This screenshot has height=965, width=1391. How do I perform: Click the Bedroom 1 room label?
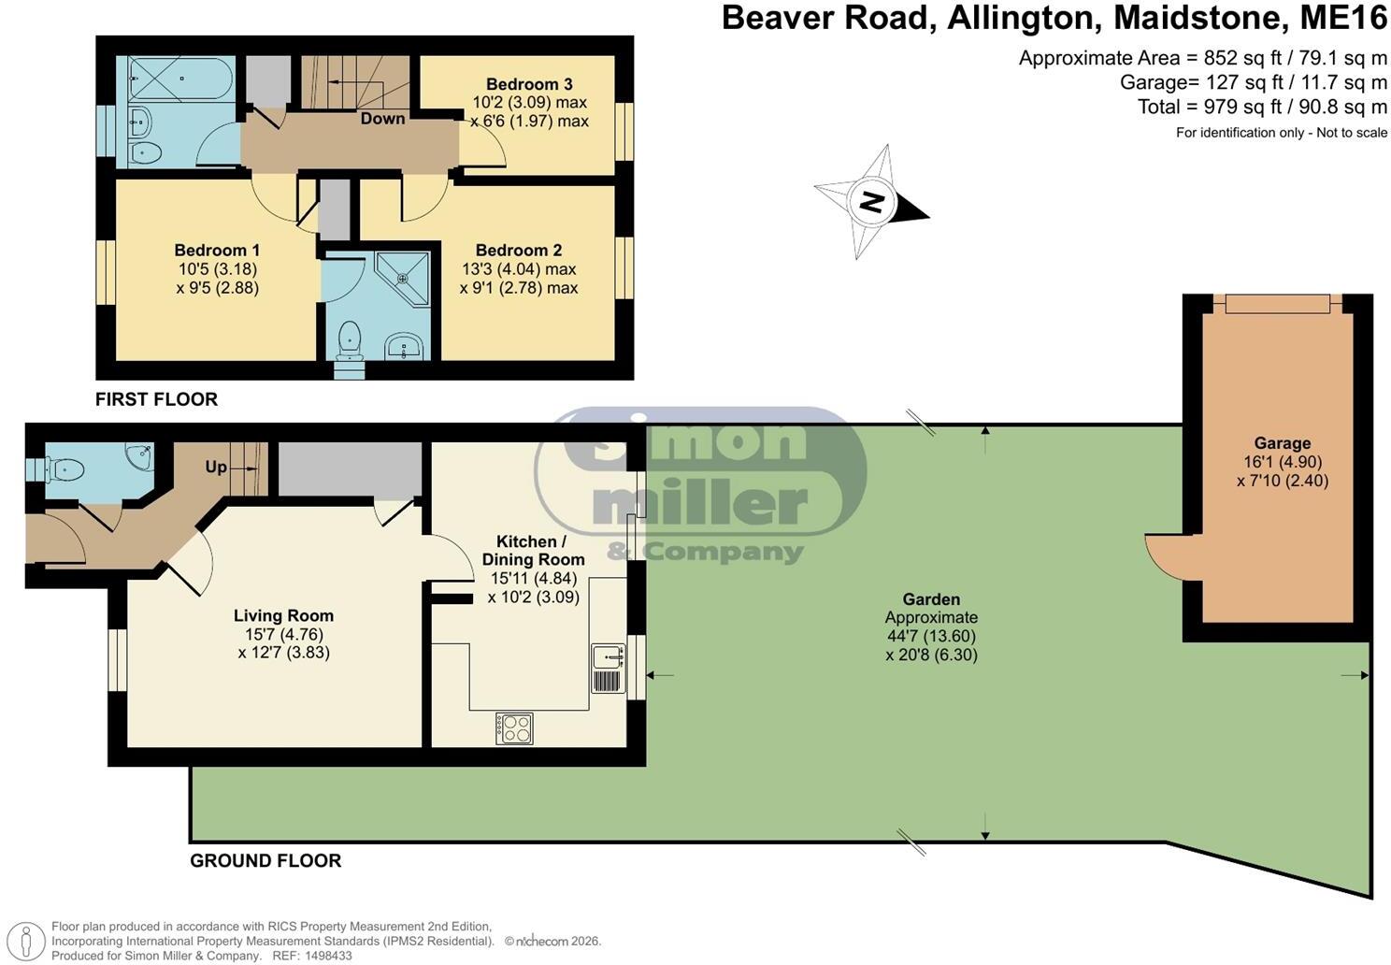coord(217,251)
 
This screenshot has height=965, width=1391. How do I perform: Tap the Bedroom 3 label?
coord(529,84)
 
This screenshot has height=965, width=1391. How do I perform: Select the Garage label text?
coord(1283,443)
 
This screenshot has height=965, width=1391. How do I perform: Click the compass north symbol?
coord(872,201)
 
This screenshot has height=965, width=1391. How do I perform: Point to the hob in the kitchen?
coord(514,727)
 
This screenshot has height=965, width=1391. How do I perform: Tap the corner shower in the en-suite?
coord(404,279)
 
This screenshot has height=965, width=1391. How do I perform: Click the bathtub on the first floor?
coord(180,78)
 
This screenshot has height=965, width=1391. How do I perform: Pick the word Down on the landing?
coord(382,119)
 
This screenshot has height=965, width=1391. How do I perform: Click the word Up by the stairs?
coord(216,467)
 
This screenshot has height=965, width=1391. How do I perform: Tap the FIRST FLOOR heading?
coord(156,399)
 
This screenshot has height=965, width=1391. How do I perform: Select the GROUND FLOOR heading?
coord(265,860)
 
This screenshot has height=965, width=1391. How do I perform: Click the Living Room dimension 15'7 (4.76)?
coord(284,634)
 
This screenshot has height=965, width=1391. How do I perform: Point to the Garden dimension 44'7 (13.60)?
coord(931,636)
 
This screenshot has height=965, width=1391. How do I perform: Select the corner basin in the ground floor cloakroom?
coord(139,454)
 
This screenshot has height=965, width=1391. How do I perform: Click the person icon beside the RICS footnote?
coord(25,942)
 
